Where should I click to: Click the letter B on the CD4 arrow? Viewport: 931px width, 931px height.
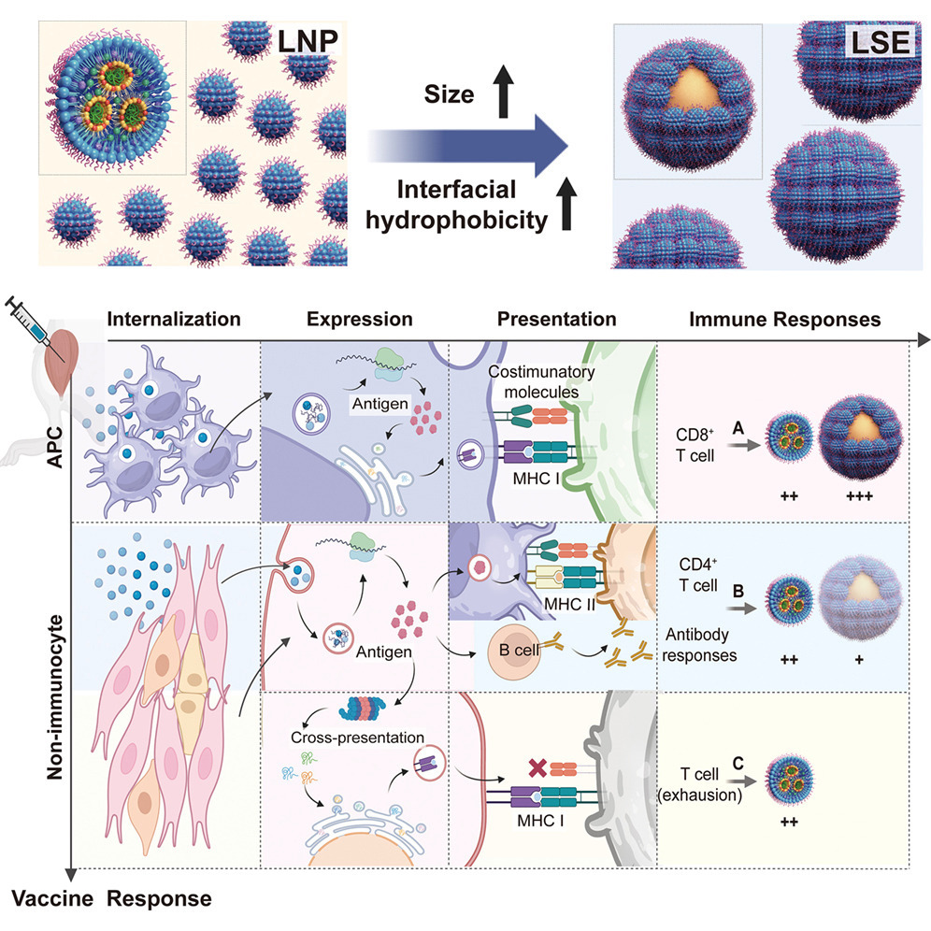click(738, 590)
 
